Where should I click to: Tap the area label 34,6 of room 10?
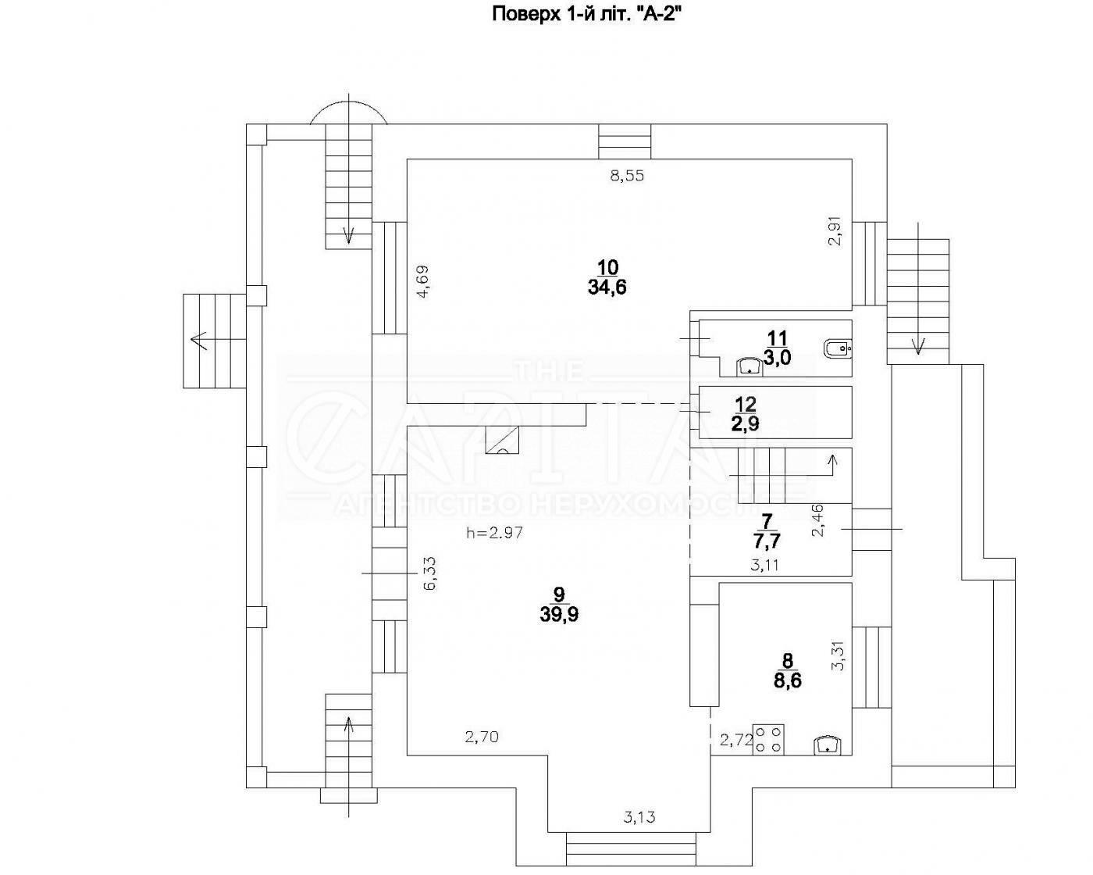[x=607, y=287]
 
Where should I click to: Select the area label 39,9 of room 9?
[x=558, y=614]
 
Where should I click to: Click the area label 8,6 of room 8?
[x=787, y=681]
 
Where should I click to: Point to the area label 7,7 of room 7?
[x=767, y=539]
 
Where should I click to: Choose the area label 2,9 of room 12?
[x=745, y=424]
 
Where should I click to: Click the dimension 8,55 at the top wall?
[x=627, y=176]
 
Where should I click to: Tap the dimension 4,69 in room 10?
[x=422, y=283]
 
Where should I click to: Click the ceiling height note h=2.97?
[x=493, y=534]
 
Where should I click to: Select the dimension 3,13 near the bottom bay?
[x=639, y=817]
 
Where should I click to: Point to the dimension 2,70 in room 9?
[x=481, y=736]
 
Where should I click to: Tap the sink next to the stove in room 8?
[x=826, y=745]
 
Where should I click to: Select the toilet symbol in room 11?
[x=838, y=348]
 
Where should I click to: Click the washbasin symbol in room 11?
[x=751, y=365]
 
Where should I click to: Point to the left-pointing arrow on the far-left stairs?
[x=199, y=340]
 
